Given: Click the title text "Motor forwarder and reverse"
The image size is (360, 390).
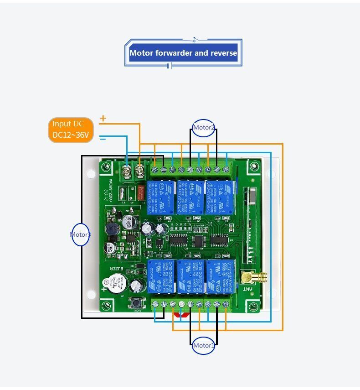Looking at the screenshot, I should [183, 53].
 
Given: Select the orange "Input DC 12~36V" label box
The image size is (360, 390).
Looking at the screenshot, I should [71, 130].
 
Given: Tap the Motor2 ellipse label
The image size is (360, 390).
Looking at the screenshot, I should [203, 128].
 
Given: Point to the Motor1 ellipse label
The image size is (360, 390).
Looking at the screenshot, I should [203, 345].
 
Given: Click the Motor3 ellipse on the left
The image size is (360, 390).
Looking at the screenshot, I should [80, 234].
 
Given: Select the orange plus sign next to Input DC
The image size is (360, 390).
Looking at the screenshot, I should [103, 119].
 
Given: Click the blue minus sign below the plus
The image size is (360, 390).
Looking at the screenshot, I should [103, 139].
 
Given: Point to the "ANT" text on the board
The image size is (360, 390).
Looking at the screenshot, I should [247, 288].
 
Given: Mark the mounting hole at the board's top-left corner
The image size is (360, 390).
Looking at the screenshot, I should [107, 167].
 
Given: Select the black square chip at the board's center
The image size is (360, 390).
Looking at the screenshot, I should [199, 241].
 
